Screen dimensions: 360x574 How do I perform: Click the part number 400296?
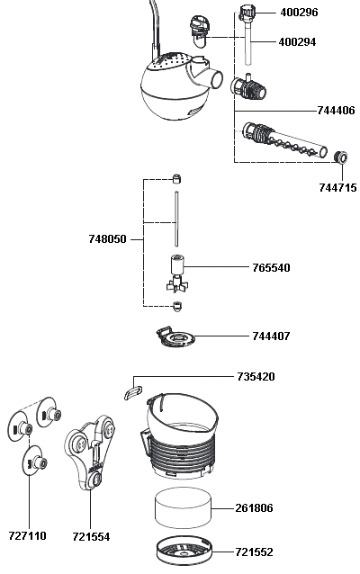pos(299,13)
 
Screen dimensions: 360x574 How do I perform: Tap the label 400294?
pos(297,42)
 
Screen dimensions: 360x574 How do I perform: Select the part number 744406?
pos(336,110)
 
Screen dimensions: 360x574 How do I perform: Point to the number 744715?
pos(337,187)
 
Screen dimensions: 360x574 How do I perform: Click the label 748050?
pos(107,239)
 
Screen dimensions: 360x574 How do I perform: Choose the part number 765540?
pos(271,267)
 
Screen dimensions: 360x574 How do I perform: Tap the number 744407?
pos(271,336)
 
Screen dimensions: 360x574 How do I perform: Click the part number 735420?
pos(256,376)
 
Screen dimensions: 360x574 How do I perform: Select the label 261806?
pos(254,508)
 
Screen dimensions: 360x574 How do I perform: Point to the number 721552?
pos(254,552)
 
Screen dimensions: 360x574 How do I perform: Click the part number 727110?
pos(28,536)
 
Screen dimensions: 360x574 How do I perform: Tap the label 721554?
pos(91,536)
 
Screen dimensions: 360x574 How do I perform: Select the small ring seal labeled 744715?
pos(341,157)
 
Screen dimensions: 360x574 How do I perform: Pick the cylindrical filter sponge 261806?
pos(184,508)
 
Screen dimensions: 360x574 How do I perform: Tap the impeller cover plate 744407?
pos(175,336)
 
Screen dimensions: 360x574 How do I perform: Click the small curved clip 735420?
pos(133,392)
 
